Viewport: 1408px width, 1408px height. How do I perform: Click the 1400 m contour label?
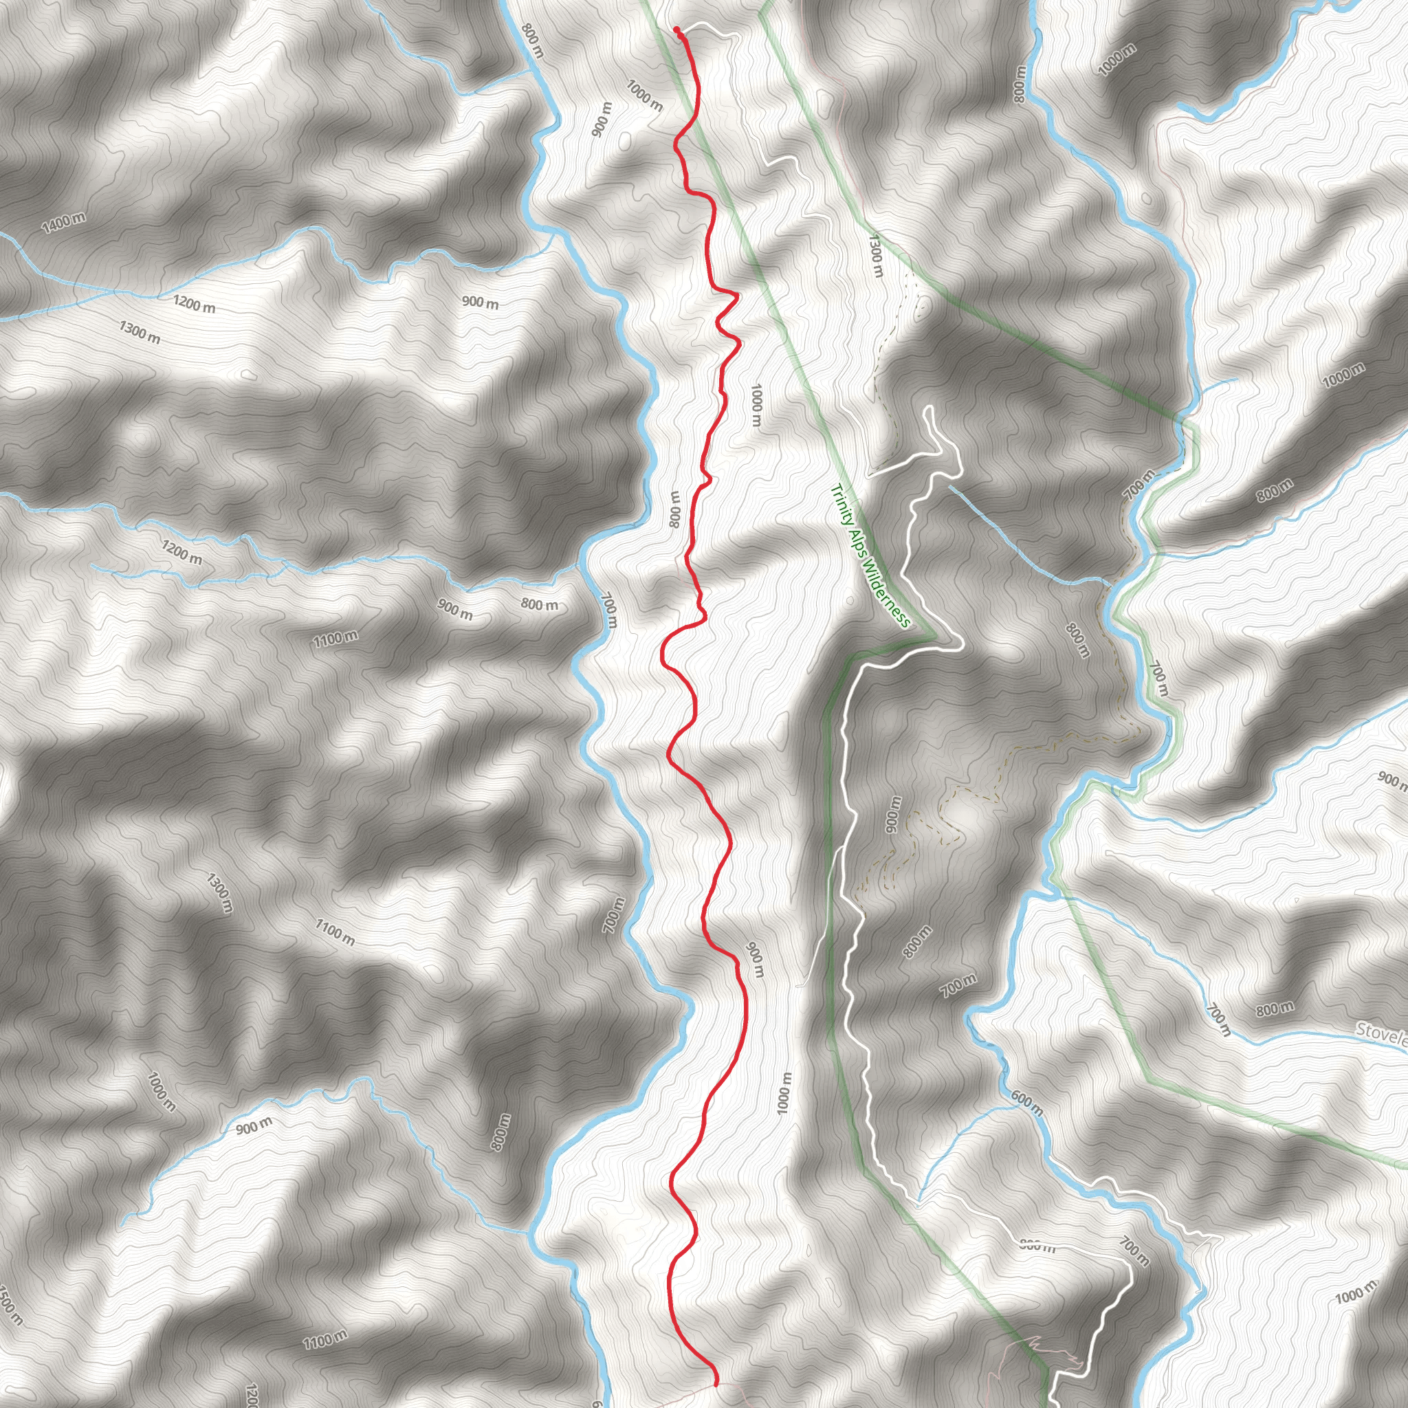[x=63, y=223]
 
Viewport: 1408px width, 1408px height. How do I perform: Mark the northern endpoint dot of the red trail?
[x=677, y=30]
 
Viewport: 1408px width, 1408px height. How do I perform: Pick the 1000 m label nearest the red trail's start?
[x=644, y=96]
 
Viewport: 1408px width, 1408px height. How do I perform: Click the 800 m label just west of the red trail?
[x=675, y=509]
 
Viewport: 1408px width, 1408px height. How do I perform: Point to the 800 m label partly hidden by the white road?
[x=1037, y=1246]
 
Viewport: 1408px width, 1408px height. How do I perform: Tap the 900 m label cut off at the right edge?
[x=1393, y=780]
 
